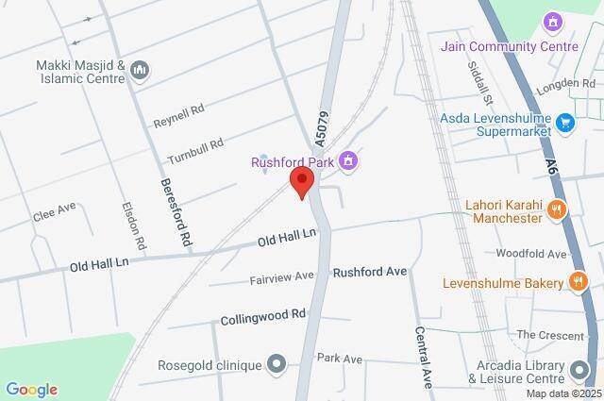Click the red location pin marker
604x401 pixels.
(302, 182)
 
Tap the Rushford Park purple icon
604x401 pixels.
(348, 161)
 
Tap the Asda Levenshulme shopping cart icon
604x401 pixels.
(564, 122)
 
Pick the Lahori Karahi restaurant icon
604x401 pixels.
(558, 209)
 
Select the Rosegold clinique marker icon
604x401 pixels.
(276, 362)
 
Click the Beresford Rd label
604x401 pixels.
(176, 212)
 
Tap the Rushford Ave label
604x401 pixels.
(369, 272)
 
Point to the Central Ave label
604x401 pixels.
(424, 359)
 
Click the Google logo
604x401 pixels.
(31, 390)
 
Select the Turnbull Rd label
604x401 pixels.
(194, 150)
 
